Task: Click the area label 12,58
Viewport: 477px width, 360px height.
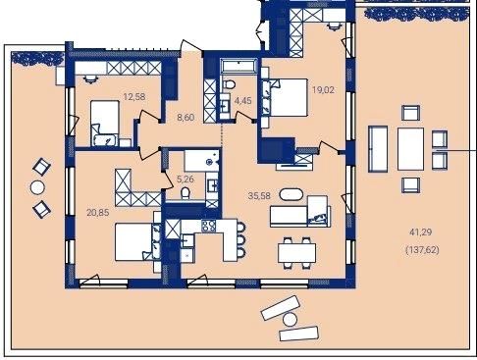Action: click(x=133, y=97)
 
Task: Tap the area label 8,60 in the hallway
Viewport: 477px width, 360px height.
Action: click(x=185, y=117)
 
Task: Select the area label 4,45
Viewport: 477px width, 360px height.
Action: click(x=242, y=100)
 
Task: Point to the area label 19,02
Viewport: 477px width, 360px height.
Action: click(x=323, y=90)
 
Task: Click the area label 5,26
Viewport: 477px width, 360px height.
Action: click(x=185, y=179)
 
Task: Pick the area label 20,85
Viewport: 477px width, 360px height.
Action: click(x=98, y=213)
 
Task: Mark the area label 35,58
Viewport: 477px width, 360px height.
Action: click(x=259, y=195)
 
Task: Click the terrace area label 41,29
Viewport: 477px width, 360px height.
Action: click(x=420, y=232)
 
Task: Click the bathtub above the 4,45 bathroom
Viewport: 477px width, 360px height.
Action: click(x=238, y=66)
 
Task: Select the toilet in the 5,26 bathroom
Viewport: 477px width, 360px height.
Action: click(x=185, y=193)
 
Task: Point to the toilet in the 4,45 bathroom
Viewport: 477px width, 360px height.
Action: click(x=229, y=85)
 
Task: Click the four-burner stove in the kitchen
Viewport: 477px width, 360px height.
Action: click(x=209, y=226)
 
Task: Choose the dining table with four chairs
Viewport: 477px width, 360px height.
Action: click(x=296, y=253)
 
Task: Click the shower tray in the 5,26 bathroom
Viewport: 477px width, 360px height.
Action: click(x=201, y=161)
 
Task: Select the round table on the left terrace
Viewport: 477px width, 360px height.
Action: click(x=37, y=187)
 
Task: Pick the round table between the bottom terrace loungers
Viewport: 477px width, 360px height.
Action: click(x=290, y=319)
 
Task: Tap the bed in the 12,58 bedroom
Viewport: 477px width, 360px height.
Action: click(x=105, y=123)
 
